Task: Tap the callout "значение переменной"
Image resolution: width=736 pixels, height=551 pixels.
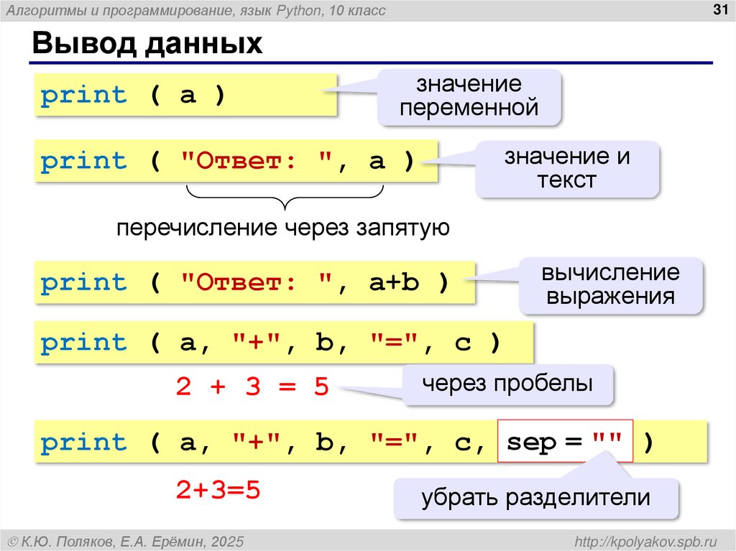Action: (469, 96)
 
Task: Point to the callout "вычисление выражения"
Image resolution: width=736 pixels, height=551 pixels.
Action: (610, 284)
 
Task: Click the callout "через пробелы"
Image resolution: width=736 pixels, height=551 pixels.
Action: (507, 384)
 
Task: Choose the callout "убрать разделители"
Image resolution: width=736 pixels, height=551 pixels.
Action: (535, 497)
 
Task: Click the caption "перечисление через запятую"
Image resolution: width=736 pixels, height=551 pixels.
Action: (284, 228)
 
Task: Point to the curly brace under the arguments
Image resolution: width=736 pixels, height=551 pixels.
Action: (285, 196)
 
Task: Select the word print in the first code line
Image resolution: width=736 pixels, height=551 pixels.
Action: (83, 95)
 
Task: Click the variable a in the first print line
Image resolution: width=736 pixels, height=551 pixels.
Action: (188, 95)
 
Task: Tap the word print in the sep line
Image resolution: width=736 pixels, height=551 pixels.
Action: (83, 442)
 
